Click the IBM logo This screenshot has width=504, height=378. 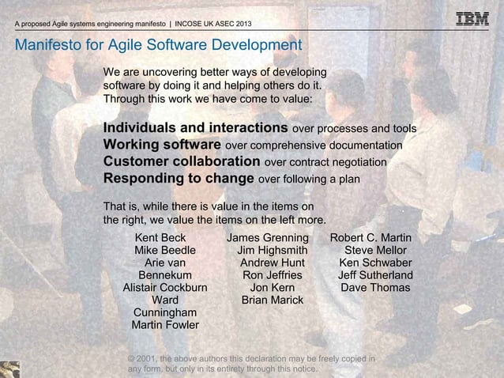click(x=473, y=18)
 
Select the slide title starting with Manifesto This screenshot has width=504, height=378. click(x=158, y=44)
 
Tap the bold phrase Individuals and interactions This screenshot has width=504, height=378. click(x=195, y=128)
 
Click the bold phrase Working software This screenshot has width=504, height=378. click(x=163, y=146)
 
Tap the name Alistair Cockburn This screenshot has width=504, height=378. click(x=165, y=288)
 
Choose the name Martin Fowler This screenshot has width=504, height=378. click(x=165, y=325)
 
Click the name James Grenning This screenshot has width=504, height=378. click(x=268, y=238)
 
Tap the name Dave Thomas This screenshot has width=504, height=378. click(x=375, y=288)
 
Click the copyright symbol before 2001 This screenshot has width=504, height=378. click(x=132, y=359)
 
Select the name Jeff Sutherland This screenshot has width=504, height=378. click(x=375, y=275)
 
